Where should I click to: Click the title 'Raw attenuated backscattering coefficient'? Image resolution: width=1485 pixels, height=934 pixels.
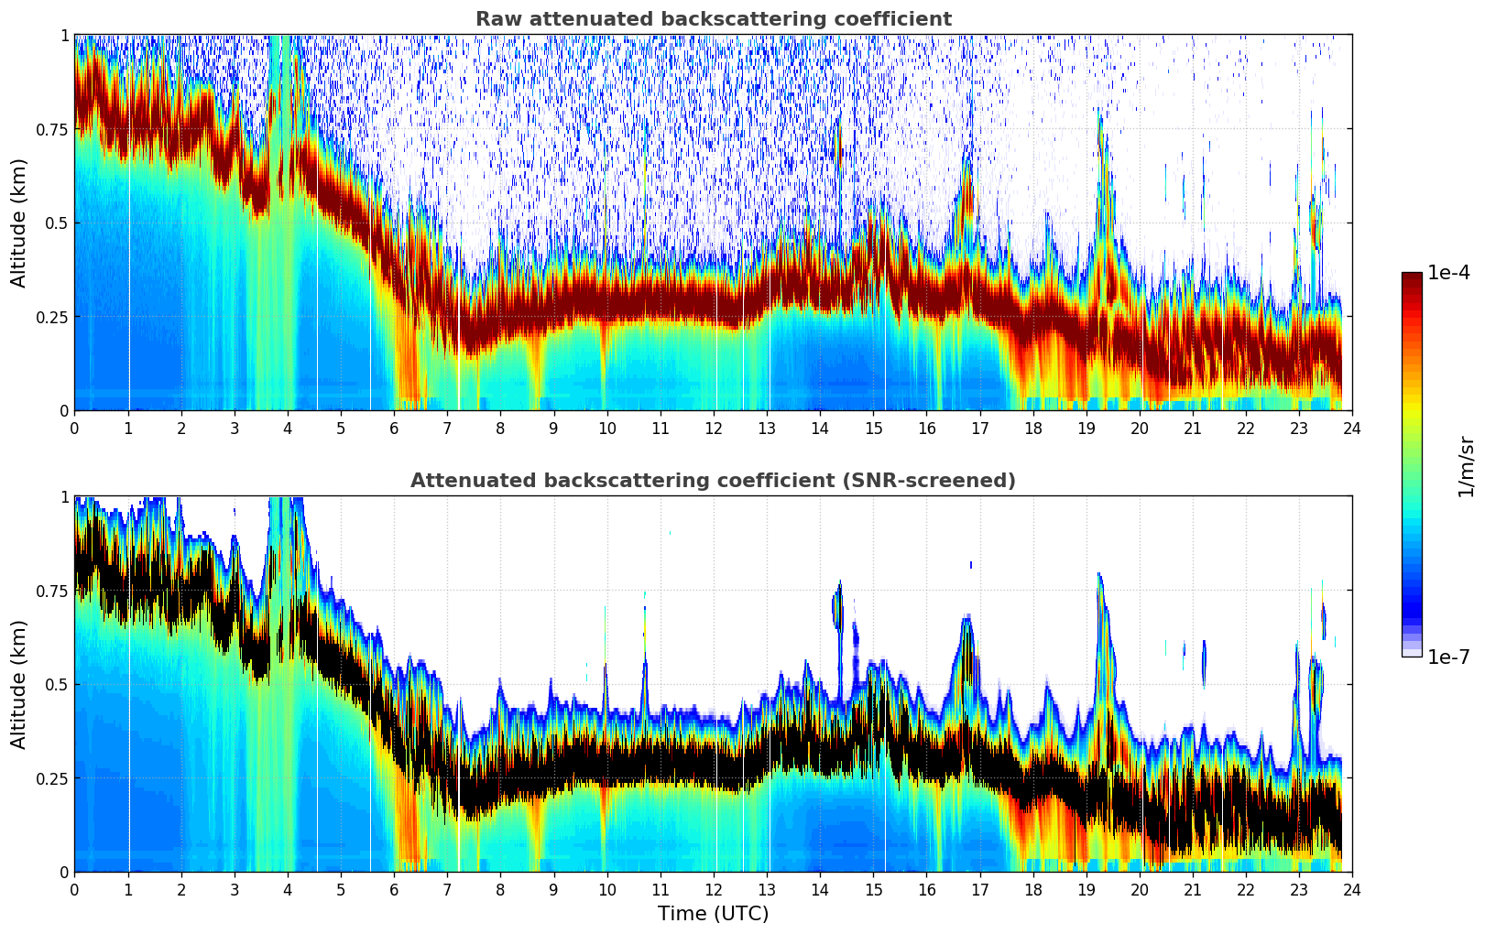713,19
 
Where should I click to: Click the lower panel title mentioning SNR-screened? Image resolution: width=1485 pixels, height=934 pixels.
713,481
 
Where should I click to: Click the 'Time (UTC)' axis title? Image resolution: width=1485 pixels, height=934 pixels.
713,914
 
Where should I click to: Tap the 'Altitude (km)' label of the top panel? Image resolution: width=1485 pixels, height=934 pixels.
19,223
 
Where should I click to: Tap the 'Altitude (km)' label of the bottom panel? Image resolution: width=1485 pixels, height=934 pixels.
19,684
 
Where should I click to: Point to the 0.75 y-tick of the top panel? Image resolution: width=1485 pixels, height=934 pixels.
50,129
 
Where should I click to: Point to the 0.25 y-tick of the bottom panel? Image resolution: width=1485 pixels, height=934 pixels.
50,778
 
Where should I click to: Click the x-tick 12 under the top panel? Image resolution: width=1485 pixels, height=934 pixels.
713,428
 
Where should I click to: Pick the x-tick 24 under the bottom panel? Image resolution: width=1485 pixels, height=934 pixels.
1351,889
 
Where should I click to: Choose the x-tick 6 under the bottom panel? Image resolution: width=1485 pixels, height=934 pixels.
394,889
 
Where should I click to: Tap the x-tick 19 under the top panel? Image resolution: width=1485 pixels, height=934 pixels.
1086,428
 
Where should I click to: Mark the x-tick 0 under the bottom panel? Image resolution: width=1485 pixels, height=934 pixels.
74,889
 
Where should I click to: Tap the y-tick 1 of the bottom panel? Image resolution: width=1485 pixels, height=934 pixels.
64,497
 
